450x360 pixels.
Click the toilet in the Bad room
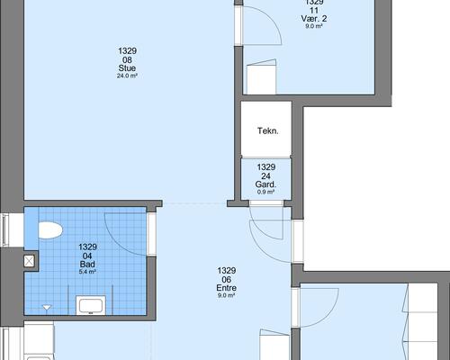click(50, 230)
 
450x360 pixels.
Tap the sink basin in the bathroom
click(91, 305)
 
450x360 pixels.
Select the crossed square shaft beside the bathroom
click(29, 261)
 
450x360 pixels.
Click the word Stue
click(127, 68)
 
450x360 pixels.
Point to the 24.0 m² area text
click(127, 76)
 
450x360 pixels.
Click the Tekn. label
click(268, 130)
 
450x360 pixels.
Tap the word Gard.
click(265, 184)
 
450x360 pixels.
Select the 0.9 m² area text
click(265, 192)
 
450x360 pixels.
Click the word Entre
click(227, 288)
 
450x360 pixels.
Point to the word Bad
click(87, 264)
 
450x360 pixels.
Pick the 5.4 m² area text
click(87, 272)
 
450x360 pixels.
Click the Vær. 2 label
click(314, 19)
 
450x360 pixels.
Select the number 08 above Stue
click(127, 59)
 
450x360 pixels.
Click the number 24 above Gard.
click(265, 175)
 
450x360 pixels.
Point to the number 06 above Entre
click(227, 279)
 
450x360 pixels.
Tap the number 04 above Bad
click(87, 256)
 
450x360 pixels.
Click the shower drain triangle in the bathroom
click(47, 307)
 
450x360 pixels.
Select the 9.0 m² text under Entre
click(227, 295)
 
